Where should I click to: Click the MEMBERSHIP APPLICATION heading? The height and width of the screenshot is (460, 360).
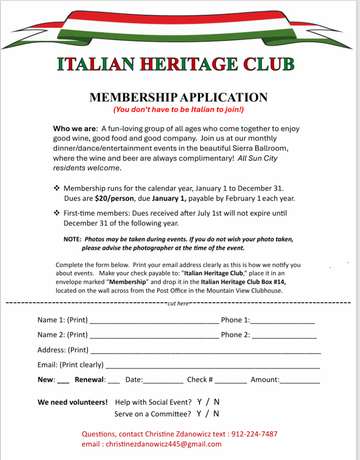click(179, 97)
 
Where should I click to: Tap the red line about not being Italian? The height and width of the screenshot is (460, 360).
click(179, 109)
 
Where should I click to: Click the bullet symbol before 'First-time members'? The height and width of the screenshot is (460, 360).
click(57, 213)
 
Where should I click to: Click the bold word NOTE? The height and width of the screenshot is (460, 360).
click(72, 239)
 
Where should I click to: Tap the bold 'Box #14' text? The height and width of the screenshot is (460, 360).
click(276, 282)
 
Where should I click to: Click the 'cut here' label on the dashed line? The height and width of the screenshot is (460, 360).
click(178, 304)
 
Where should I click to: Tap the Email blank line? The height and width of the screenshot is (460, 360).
click(212, 366)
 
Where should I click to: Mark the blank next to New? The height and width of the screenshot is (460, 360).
click(63, 381)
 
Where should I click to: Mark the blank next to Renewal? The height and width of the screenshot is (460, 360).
click(114, 381)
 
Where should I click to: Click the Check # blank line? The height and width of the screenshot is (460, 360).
click(231, 381)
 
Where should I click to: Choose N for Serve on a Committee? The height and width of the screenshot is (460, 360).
click(216, 414)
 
